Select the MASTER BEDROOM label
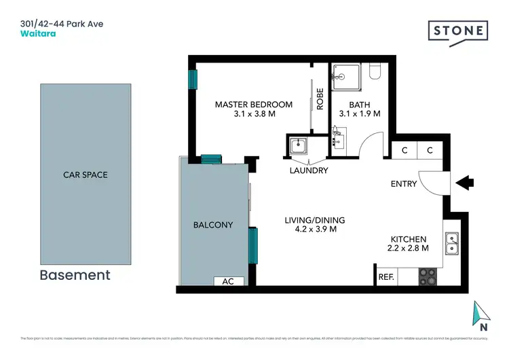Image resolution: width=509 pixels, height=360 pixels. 253,105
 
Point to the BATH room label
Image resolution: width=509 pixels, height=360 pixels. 360,105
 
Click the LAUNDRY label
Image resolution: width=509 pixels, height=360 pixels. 309,170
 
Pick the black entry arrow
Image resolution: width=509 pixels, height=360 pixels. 466,183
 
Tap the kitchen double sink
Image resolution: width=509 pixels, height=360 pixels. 451,243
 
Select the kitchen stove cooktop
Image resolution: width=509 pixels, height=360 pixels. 428,276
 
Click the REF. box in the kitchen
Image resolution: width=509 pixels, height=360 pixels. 386,277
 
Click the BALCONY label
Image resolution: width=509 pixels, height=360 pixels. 212,225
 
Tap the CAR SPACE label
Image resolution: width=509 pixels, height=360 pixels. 86,175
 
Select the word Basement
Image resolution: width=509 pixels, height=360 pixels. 75,275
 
